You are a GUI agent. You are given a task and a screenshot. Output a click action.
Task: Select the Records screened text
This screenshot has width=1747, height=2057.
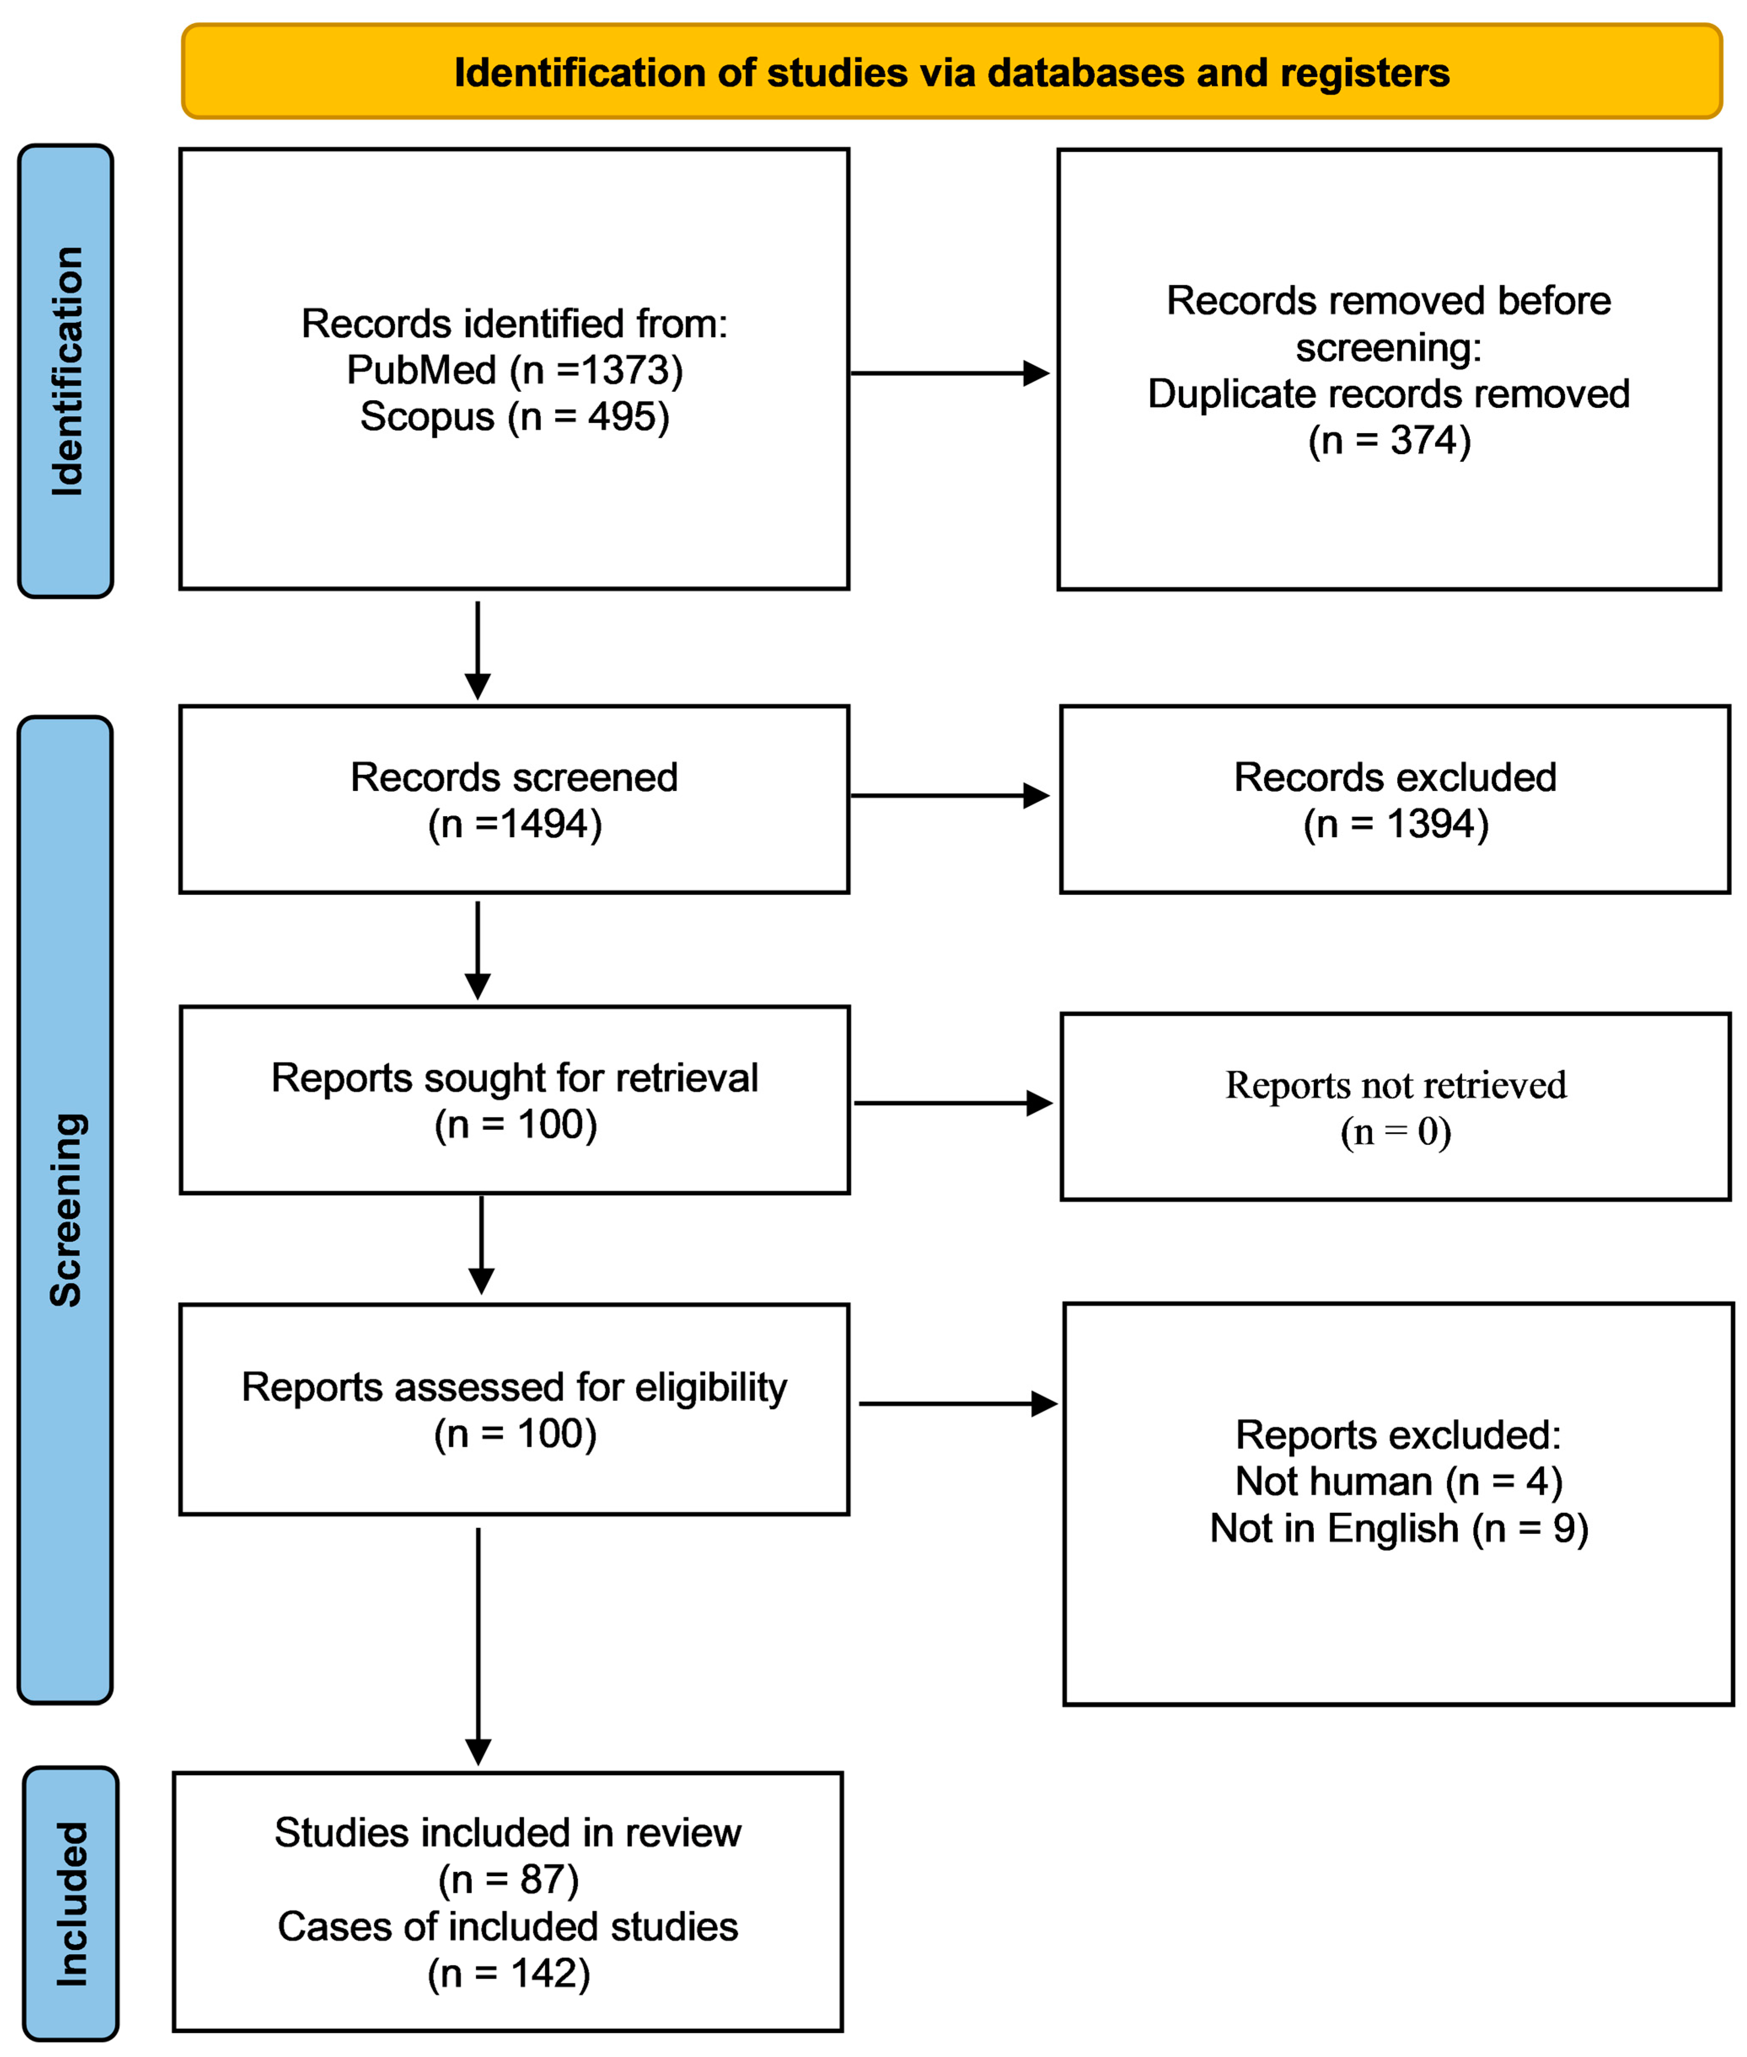[514, 777]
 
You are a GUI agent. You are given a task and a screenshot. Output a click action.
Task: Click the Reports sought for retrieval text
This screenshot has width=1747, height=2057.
[514, 1077]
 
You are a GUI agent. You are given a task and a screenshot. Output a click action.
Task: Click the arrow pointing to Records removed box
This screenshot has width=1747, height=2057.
[949, 373]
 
